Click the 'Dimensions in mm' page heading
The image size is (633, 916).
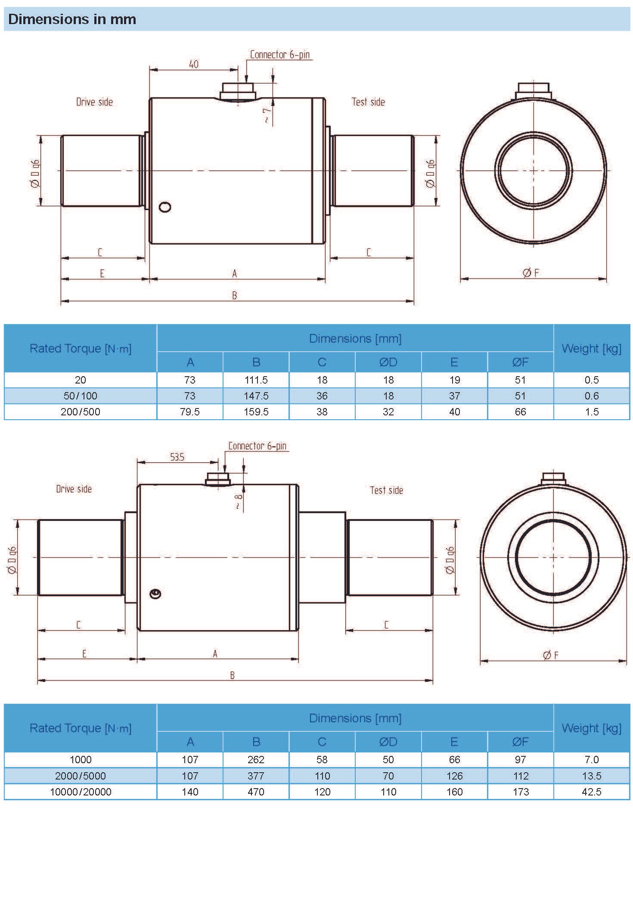(72, 19)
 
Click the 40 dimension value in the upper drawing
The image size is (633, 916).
(194, 64)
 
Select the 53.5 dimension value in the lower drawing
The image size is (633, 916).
(177, 457)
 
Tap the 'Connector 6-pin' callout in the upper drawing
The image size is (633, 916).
(280, 55)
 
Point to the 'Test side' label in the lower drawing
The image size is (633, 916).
(386, 490)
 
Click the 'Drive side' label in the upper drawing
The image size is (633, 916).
(94, 102)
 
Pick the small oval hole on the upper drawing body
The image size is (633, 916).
(165, 207)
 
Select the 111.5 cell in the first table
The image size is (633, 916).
(256, 380)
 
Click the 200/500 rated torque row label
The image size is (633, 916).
(81, 412)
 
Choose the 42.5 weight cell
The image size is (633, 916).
(591, 792)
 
